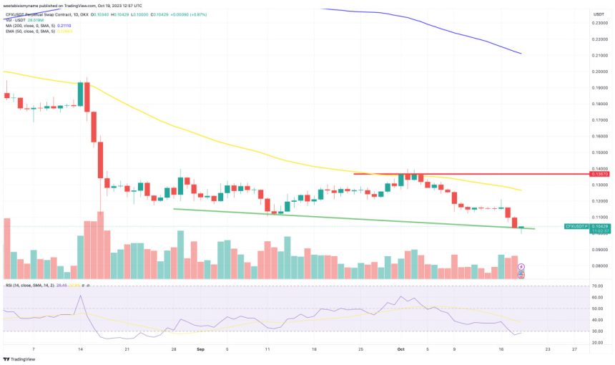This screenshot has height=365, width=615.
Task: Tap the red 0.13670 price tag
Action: tap(599, 174)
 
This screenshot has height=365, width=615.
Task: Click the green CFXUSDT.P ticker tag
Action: tap(576, 226)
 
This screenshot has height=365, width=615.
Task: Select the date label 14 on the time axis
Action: tap(81, 350)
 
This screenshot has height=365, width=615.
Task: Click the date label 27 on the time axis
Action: tap(574, 350)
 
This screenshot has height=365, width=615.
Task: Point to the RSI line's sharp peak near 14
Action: tap(81, 296)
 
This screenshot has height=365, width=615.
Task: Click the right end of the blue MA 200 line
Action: tap(521, 54)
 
